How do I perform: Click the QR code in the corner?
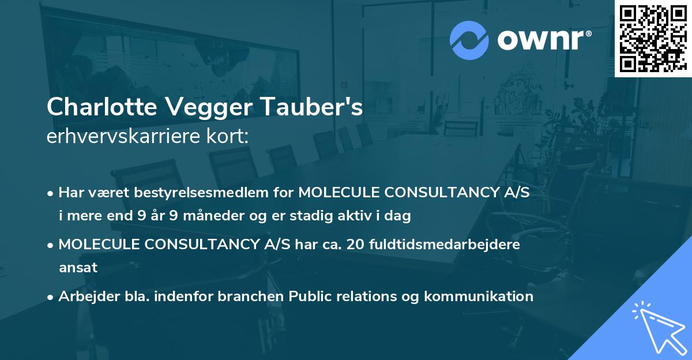coord(653,39)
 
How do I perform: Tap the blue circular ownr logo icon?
coord(469,39)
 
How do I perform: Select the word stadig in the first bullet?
coord(316,216)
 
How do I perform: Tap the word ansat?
coord(78,268)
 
